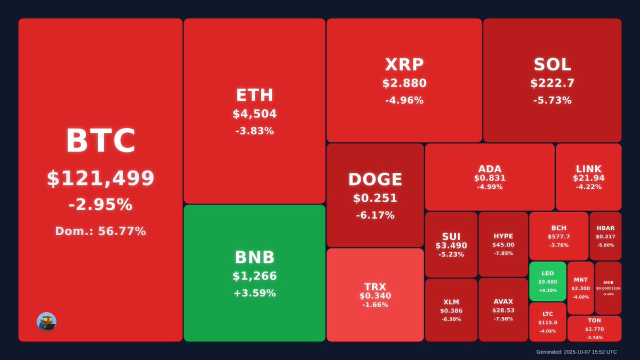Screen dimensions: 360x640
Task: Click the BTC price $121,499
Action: pyautogui.click(x=100, y=179)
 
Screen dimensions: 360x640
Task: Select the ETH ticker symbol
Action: pyautogui.click(x=254, y=95)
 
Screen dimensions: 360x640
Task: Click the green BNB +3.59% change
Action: pyautogui.click(x=254, y=293)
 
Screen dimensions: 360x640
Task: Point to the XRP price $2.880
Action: pyautogui.click(x=404, y=84)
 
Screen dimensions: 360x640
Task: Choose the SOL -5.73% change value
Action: pyautogui.click(x=552, y=100)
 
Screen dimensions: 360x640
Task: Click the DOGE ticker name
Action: pyautogui.click(x=375, y=180)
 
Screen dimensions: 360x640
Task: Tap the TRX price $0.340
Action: pyautogui.click(x=375, y=296)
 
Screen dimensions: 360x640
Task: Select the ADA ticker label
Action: pyautogui.click(x=490, y=169)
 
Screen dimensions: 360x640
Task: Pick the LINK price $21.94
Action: pyautogui.click(x=589, y=178)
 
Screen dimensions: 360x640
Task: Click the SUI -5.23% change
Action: pyautogui.click(x=451, y=254)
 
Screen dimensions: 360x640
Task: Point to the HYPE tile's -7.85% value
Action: pyautogui.click(x=503, y=253)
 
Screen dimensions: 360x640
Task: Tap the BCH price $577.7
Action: pyautogui.click(x=559, y=237)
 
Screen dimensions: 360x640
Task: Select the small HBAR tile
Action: pyautogui.click(x=605, y=236)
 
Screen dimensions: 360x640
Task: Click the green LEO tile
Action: pyautogui.click(x=548, y=282)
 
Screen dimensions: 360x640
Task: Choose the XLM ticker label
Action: pyautogui.click(x=451, y=302)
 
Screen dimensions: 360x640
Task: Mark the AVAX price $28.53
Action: pyautogui.click(x=503, y=310)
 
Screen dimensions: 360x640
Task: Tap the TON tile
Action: pyautogui.click(x=594, y=329)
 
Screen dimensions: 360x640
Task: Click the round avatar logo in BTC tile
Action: pyautogui.click(x=46, y=322)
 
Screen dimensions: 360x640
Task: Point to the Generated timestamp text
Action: pyautogui.click(x=577, y=352)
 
